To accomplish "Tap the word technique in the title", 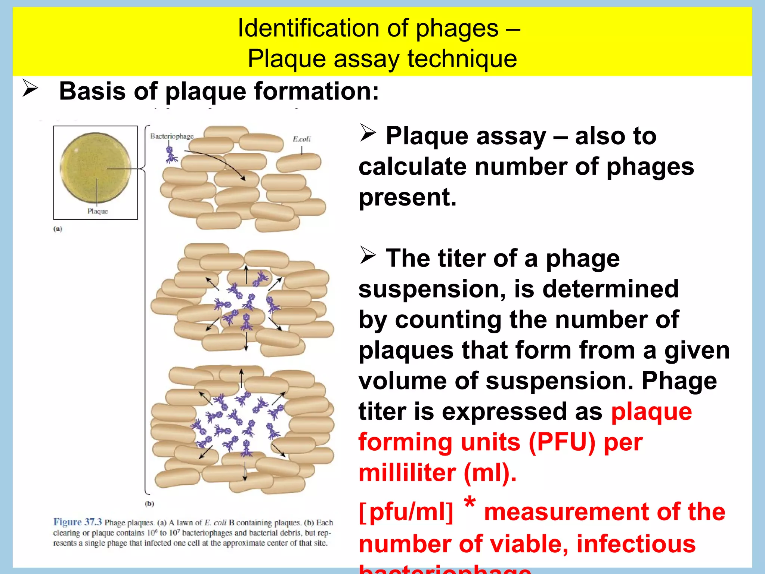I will coord(462,59).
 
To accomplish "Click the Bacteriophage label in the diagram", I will coord(172,136).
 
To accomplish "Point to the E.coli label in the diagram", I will coord(301,139).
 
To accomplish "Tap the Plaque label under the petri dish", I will coord(97,211).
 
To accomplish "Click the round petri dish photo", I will coord(96,167).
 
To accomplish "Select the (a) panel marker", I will coord(58,229).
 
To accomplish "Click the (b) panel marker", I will coord(149,503).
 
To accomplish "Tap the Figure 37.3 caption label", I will coord(77,522).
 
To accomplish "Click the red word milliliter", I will coord(407,473).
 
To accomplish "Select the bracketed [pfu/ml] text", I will coord(406,512).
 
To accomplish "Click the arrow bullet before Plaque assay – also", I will coord(368,133).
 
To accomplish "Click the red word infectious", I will coord(636,544).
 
